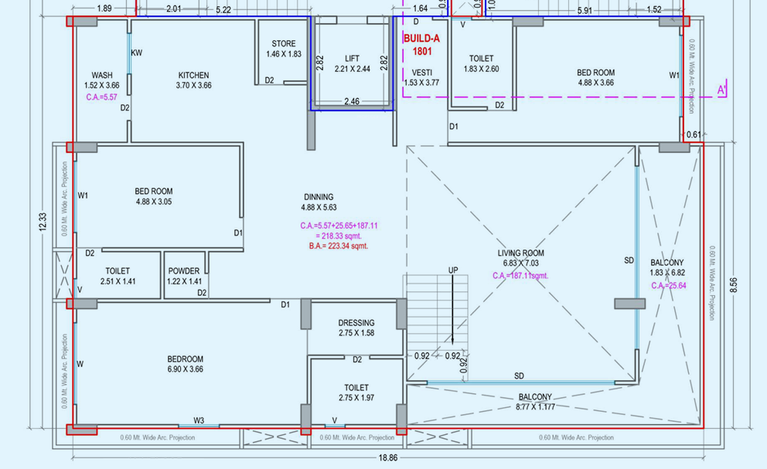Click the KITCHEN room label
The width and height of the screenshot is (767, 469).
pyautogui.click(x=193, y=76)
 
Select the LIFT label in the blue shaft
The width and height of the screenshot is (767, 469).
pyautogui.click(x=352, y=59)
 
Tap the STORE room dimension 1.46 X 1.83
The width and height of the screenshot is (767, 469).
pyautogui.click(x=284, y=54)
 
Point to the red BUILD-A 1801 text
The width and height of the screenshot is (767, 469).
pyautogui.click(x=422, y=44)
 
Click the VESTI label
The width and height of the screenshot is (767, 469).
pyautogui.click(x=421, y=73)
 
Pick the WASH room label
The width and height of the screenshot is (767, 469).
pyautogui.click(x=102, y=76)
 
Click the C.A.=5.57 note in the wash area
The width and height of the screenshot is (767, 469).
pyautogui.click(x=101, y=97)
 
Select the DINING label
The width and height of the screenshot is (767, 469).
pyautogui.click(x=319, y=197)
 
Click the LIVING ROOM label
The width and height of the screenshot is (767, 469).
pyautogui.click(x=520, y=253)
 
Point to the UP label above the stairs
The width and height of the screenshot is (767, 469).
pyautogui.click(x=453, y=270)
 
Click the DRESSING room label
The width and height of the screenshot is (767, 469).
pyautogui.click(x=356, y=323)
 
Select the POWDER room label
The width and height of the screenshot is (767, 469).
pyautogui.click(x=184, y=271)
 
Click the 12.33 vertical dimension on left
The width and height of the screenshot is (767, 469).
pyautogui.click(x=43, y=222)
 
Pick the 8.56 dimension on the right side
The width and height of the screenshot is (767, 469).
pyautogui.click(x=734, y=284)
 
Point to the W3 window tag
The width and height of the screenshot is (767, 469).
pyautogui.click(x=199, y=420)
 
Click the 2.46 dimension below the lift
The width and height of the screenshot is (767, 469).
pyautogui.click(x=352, y=101)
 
